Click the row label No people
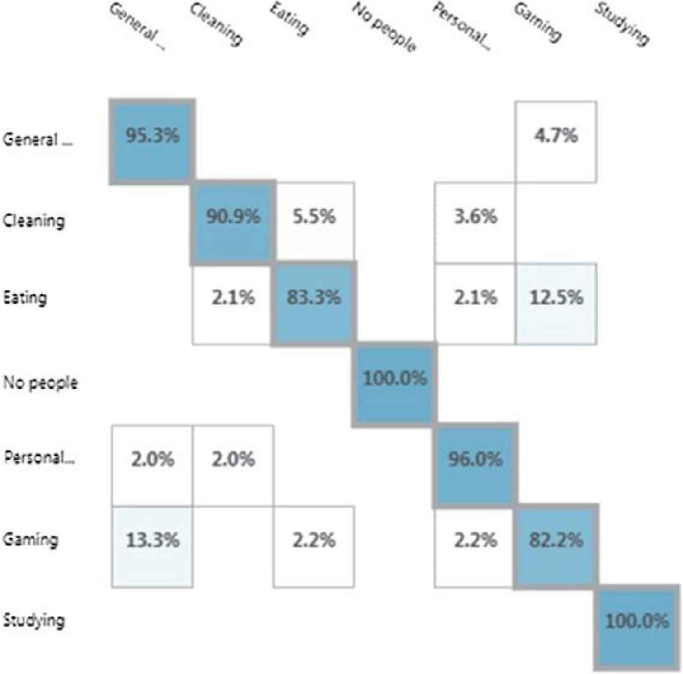[40, 383]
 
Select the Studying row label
[33, 620]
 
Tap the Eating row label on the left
[25, 298]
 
